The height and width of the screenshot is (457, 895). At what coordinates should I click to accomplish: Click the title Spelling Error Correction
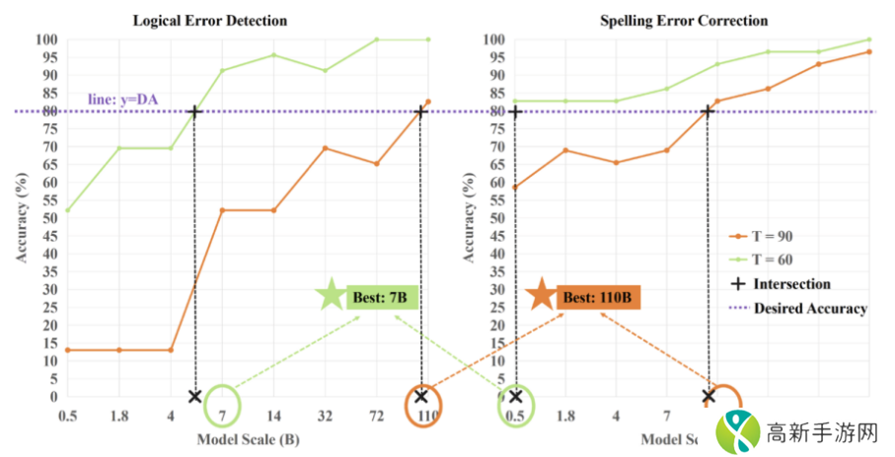point(683,19)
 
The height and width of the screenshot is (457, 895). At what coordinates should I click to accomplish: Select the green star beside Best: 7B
point(331,295)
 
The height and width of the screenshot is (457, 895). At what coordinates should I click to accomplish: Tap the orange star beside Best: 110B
point(540,295)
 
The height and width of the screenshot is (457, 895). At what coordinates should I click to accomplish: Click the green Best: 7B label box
point(382,295)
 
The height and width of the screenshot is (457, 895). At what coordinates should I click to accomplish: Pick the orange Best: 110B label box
point(598,296)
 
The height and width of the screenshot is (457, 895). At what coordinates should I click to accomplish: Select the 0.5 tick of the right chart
point(515,417)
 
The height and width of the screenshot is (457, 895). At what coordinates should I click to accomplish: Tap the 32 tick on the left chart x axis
point(325,417)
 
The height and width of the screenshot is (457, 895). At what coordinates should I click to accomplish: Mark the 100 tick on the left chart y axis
point(47,39)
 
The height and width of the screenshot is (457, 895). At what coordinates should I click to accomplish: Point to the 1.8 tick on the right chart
point(565,417)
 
